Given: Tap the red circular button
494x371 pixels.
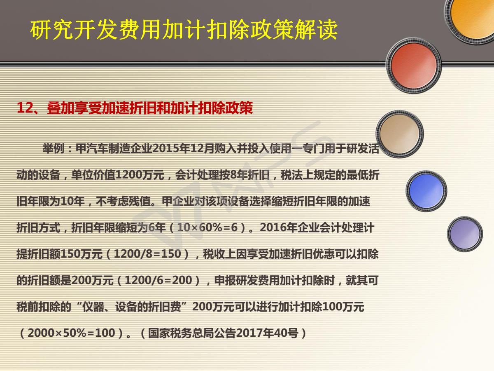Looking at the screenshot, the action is coord(414,66).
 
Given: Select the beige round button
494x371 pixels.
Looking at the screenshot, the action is coord(399,134).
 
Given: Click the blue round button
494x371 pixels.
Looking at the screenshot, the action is coord(426,191).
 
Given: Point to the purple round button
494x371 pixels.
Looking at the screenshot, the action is coord(465,234).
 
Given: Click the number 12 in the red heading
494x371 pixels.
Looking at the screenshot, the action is coord(25,108).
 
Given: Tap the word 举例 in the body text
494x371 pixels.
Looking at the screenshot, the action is coord(54,149).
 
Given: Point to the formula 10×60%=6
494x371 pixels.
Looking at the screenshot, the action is coord(207,228).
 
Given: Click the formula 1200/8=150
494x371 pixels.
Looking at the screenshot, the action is coord(148,254).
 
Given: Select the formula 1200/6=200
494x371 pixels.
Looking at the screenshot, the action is coord(158,280).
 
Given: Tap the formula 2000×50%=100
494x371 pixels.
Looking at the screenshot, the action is coord(71,333).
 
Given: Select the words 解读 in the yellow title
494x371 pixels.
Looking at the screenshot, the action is coord(316,30).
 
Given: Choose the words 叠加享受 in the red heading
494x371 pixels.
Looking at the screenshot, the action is coord(74,108).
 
